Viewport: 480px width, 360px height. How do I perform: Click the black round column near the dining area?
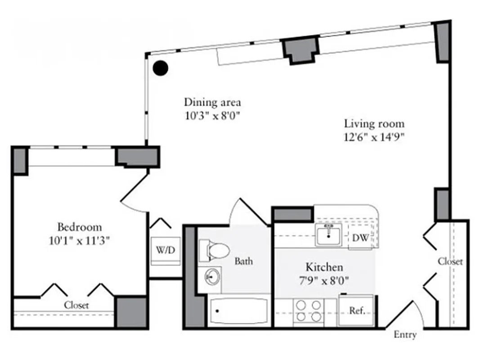click(x=160, y=68)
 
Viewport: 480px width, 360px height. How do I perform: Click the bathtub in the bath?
click(x=238, y=311)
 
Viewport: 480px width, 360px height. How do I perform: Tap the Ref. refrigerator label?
click(x=357, y=310)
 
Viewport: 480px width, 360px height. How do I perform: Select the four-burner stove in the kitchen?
click(x=308, y=310)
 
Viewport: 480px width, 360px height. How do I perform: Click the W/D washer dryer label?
click(x=165, y=250)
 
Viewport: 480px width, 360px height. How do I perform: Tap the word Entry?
click(x=405, y=335)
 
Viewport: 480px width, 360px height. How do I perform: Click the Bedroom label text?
click(x=79, y=227)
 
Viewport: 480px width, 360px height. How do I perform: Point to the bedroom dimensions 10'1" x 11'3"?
click(x=79, y=241)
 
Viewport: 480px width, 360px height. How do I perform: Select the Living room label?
click(x=374, y=123)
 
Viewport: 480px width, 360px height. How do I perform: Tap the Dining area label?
click(x=212, y=102)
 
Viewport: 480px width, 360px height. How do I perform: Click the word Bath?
click(x=243, y=261)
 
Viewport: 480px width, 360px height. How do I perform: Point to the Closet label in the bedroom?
click(x=76, y=305)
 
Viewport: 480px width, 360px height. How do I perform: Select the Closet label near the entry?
click(x=450, y=261)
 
